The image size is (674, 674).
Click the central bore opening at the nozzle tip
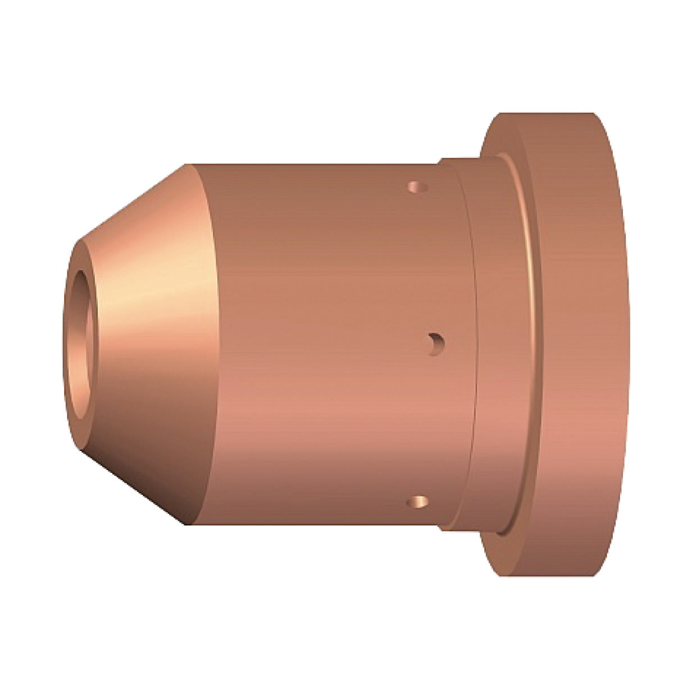pyautogui.click(x=81, y=337)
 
